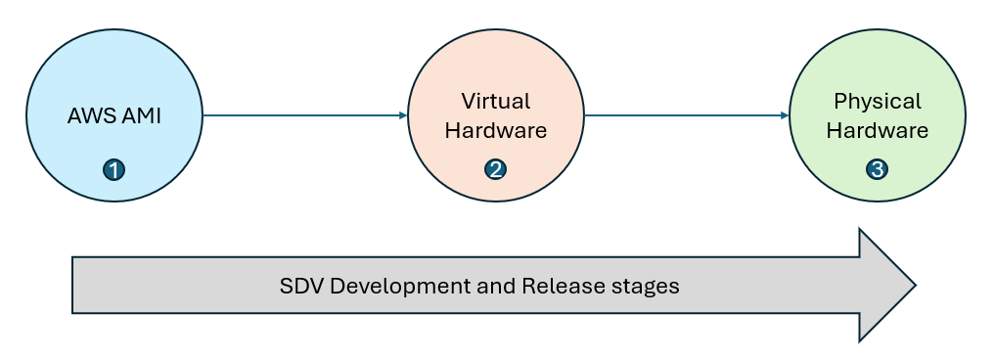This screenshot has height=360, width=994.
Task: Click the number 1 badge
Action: click(x=114, y=170)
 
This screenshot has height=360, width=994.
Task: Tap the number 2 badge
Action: click(x=496, y=170)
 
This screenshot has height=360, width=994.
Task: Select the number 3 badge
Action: click(x=878, y=170)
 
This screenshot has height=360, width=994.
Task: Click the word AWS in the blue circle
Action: click(x=90, y=115)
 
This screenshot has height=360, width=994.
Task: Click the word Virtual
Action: click(x=496, y=101)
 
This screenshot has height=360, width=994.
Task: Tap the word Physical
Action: click(x=878, y=101)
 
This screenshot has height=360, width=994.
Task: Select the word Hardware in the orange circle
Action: click(x=496, y=130)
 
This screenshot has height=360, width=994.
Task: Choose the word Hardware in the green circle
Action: click(x=878, y=130)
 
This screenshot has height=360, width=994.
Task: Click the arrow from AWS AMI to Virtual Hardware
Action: click(x=303, y=115)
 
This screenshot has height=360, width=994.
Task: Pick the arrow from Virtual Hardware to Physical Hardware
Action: click(x=685, y=115)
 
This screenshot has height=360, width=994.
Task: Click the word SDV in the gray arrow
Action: click(x=300, y=287)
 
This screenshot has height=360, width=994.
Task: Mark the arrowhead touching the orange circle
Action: click(x=403, y=115)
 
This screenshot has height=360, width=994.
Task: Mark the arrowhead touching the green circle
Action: click(x=785, y=115)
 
